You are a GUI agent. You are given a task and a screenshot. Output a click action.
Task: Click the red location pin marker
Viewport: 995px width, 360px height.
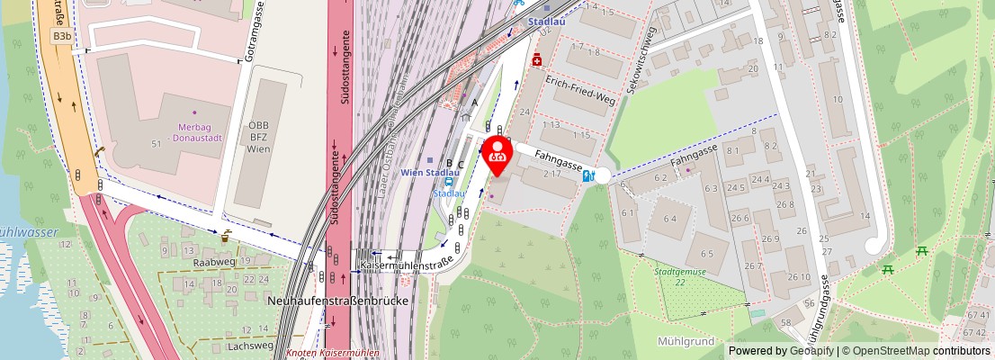[x=497, y=155]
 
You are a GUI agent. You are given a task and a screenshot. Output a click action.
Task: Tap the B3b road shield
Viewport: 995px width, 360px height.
[x=62, y=36]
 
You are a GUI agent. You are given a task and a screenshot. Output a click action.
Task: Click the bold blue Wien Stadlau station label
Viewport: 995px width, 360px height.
[x=431, y=172]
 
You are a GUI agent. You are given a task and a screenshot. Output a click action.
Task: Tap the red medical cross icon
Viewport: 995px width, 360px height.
[x=537, y=60]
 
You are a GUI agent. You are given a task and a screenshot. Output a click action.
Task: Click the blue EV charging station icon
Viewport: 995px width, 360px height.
[x=588, y=176]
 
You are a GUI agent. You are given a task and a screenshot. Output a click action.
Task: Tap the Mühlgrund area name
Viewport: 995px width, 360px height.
[x=686, y=342]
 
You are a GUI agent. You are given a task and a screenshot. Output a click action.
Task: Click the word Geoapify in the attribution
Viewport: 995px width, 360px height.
[x=812, y=351]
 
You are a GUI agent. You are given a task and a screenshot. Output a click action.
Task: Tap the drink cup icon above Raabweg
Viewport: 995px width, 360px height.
[x=226, y=238]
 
